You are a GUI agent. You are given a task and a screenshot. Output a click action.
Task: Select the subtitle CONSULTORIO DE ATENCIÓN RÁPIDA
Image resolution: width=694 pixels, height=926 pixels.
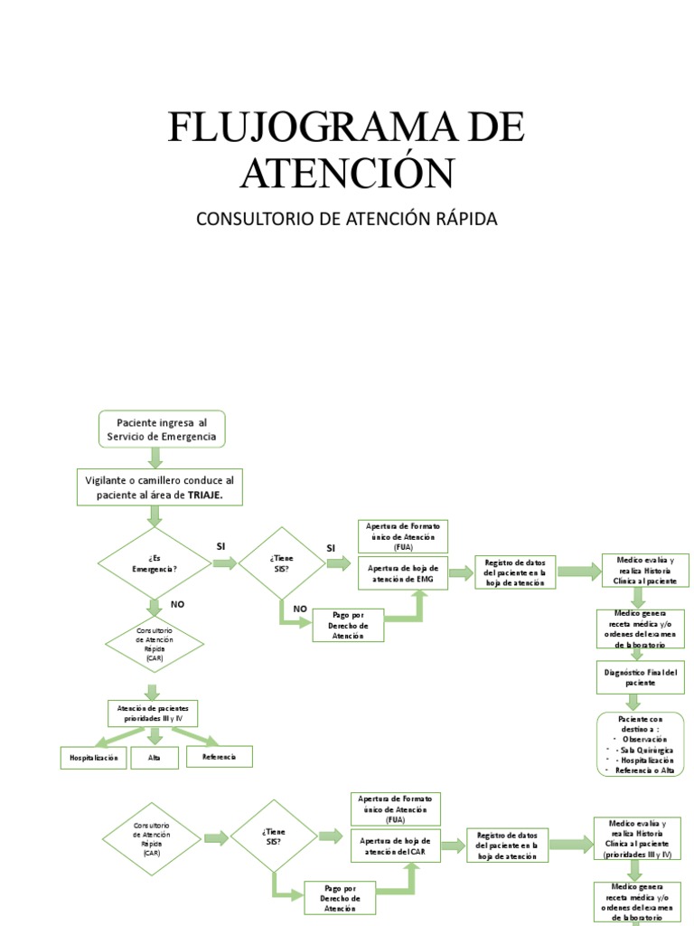tap(347, 219)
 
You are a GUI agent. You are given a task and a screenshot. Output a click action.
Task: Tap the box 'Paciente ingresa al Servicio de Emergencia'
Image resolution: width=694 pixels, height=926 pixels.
tap(161, 430)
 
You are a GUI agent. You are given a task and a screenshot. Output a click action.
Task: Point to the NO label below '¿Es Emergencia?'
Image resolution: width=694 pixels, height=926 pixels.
tap(177, 602)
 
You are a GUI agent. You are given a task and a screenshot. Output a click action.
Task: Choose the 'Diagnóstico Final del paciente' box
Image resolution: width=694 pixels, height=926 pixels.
tap(640, 677)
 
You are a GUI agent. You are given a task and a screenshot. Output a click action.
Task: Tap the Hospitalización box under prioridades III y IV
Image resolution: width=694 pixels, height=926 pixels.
tap(94, 758)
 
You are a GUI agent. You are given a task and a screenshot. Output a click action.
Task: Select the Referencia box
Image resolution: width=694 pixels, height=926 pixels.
tap(220, 756)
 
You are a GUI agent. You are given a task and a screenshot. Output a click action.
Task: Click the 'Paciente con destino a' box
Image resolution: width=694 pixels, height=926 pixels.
tap(641, 744)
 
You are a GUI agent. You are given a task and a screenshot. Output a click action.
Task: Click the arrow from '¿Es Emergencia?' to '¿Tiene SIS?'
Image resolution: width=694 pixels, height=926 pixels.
tap(224, 563)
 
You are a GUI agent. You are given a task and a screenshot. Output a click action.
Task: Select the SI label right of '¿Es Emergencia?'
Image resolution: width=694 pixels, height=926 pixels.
tap(220, 546)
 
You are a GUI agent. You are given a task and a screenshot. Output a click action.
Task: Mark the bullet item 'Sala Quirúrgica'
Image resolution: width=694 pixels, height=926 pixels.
tap(643, 751)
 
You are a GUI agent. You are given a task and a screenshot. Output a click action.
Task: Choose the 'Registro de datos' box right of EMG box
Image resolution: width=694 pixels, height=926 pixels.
tap(513, 572)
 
